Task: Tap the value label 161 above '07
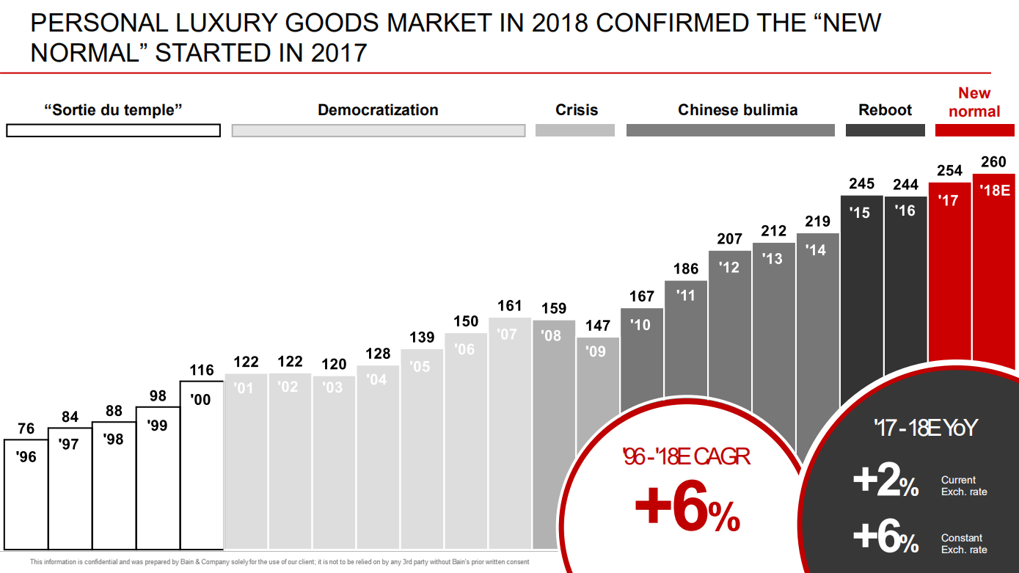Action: tap(509, 306)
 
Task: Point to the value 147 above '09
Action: tap(597, 326)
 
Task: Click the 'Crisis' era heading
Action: tap(577, 110)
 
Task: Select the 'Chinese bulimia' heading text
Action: tap(737, 110)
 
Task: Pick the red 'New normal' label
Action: tap(974, 102)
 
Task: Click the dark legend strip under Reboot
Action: tap(885, 130)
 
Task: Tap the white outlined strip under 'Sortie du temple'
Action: tap(113, 131)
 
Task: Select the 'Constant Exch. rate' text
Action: tap(964, 544)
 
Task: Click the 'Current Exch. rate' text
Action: tap(964, 486)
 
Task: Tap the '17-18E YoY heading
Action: tap(925, 428)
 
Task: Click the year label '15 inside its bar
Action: tap(859, 212)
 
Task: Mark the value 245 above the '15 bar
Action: tap(861, 183)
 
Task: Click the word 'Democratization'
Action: tap(378, 110)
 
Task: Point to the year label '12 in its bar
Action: tap(729, 267)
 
